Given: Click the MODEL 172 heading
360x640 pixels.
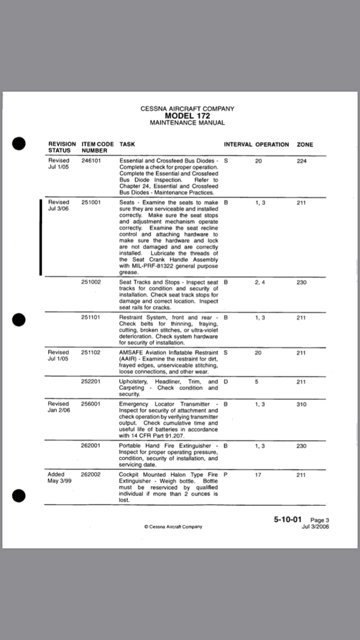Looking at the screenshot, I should pos(187,116).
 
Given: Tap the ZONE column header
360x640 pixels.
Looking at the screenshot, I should pos(305,144).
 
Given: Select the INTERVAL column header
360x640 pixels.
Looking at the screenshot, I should pos(238,144).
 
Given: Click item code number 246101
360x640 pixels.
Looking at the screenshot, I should pos(91,161).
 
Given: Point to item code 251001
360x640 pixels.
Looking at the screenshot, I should pos(91,202).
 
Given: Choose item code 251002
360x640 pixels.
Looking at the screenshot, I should pos(91,282).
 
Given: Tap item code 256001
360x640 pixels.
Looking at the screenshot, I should pos(91,404).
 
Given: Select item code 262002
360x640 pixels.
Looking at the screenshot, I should pos(91,474).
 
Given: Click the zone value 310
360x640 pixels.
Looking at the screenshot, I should pos(301,404).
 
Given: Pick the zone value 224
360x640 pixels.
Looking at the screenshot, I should pos(301,161).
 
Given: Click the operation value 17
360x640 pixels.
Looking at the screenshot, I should pos(258,474).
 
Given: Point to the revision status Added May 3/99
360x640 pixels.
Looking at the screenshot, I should pos(60,477).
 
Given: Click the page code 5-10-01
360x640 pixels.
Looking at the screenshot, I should pos(288,519).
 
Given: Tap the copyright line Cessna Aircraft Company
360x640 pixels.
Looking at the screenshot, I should pos(173,526).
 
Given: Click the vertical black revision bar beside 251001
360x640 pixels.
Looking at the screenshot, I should pos(41,237).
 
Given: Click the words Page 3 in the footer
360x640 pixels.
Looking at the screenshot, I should pos(320,520).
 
